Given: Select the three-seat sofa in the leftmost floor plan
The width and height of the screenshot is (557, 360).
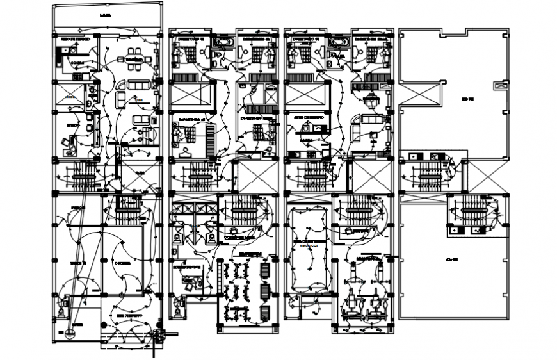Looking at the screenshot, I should tap(136, 85).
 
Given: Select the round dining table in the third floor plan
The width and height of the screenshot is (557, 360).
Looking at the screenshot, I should tap(371, 99).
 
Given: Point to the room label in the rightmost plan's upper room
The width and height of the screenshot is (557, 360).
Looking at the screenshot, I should tap(467, 100).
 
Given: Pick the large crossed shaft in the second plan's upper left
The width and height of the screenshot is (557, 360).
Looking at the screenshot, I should tap(191, 95).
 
